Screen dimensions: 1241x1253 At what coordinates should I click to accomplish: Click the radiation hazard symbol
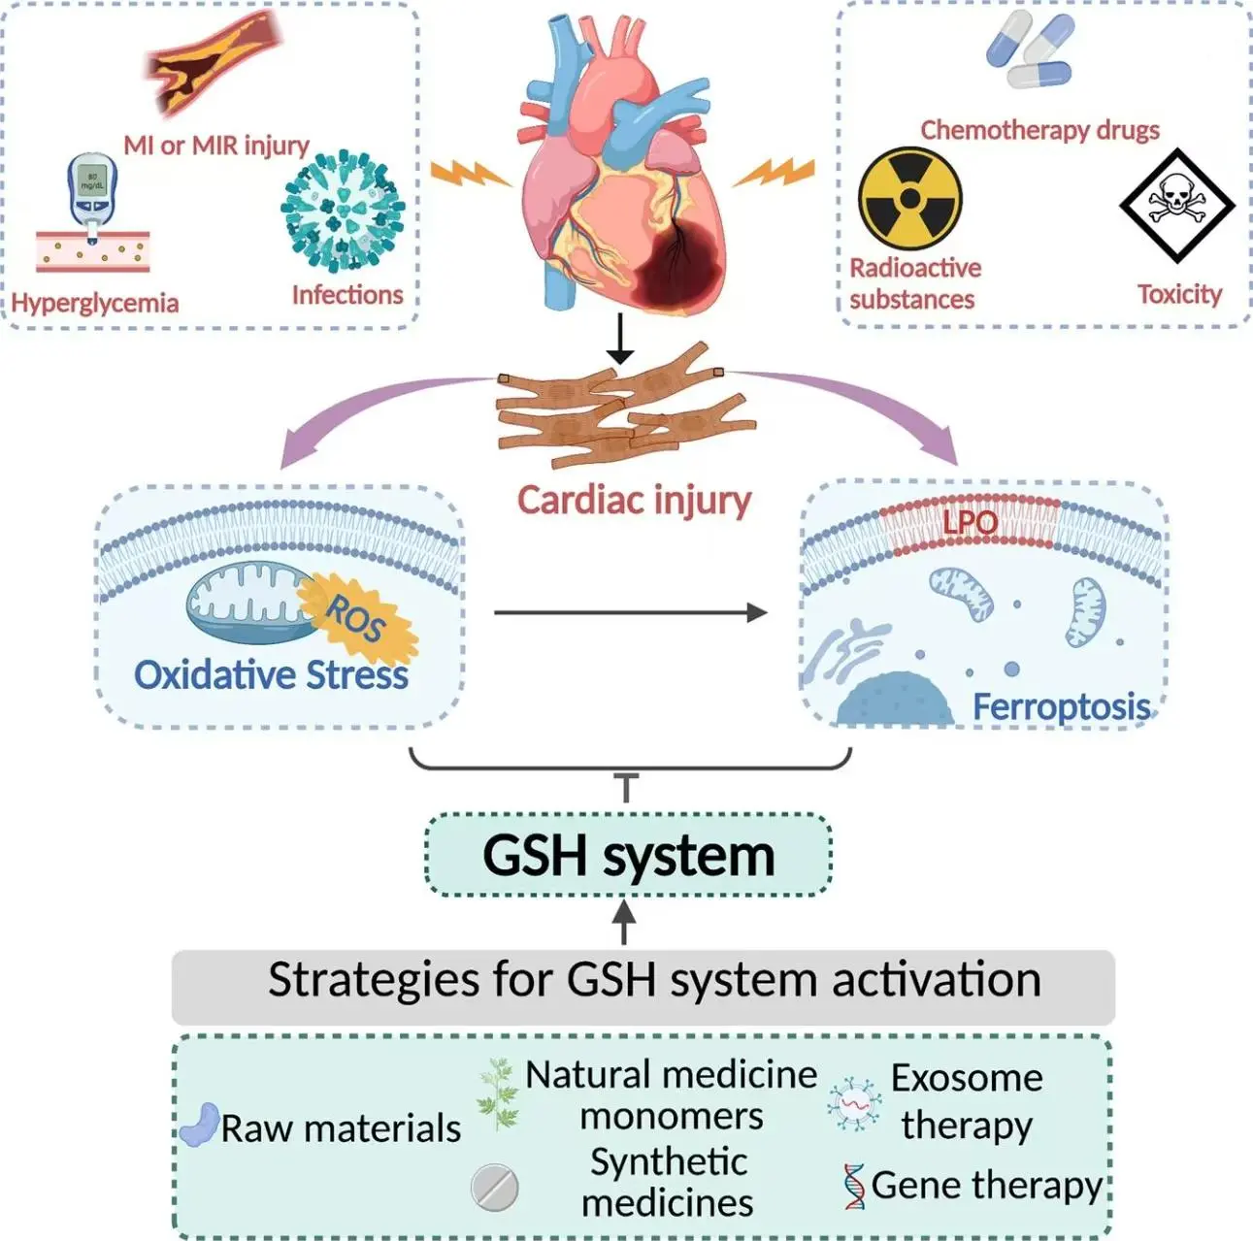point(909,199)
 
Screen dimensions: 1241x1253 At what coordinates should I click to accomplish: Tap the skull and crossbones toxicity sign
point(1176,205)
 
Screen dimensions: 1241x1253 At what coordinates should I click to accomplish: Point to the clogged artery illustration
point(213,63)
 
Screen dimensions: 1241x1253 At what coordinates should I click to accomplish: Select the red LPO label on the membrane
point(970,523)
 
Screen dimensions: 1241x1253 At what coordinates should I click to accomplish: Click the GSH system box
point(628,856)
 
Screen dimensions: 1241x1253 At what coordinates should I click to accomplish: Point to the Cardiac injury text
point(634,500)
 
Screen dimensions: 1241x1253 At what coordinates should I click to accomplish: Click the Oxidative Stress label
point(271,674)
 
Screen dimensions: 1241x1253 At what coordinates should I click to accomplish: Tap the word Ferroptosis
point(1061,706)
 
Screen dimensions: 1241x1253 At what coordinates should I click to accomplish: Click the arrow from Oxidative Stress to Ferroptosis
point(630,612)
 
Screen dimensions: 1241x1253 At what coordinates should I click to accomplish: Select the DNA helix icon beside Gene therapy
point(854,1186)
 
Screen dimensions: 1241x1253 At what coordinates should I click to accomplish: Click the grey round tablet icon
point(494,1187)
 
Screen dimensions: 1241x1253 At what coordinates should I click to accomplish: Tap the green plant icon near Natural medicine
point(499,1094)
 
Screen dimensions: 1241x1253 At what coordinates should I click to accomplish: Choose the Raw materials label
point(340,1128)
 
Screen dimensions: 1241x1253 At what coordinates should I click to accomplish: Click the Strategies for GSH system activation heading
point(654,980)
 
